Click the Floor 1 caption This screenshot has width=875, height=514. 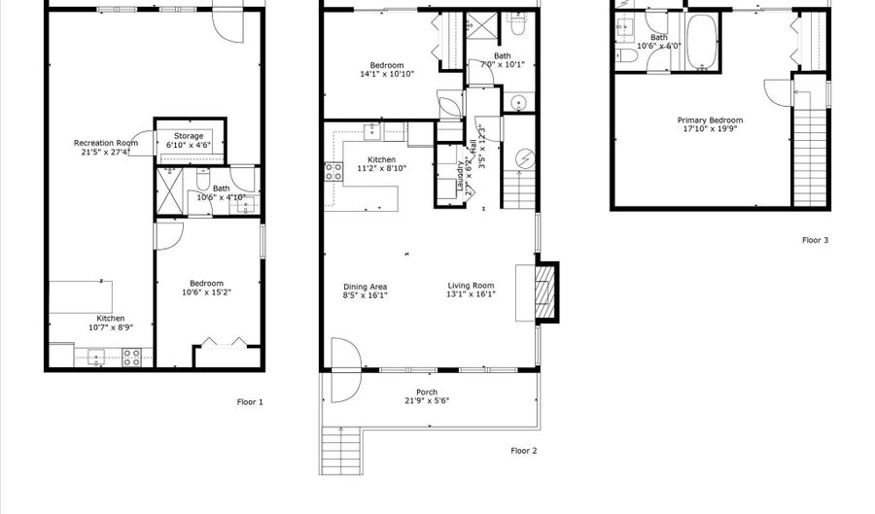click(x=250, y=401)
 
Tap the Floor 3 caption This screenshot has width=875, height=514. click(x=815, y=240)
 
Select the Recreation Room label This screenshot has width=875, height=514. click(x=106, y=143)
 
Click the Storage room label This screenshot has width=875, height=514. click(x=189, y=136)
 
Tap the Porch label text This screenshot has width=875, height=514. click(x=427, y=393)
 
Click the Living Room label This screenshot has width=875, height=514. click(x=471, y=287)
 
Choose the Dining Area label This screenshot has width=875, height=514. click(x=366, y=287)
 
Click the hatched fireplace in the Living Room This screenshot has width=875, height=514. click(x=548, y=292)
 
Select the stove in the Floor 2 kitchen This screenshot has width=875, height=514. click(x=333, y=172)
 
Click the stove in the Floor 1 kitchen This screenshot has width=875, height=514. click(x=131, y=358)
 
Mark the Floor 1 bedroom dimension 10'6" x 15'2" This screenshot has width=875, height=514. click(x=206, y=291)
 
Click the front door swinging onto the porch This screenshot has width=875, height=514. click(x=345, y=369)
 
